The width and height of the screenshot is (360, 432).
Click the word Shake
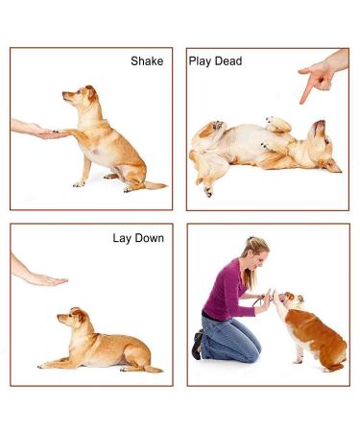point(147,61)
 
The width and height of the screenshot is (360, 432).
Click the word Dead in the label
point(228,61)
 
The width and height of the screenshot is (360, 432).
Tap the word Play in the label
point(202,61)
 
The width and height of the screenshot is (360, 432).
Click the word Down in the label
point(150,238)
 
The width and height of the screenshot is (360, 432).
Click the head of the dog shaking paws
point(80,96)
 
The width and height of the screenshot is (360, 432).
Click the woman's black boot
point(197,345)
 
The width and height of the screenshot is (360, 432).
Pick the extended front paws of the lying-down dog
point(48,364)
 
